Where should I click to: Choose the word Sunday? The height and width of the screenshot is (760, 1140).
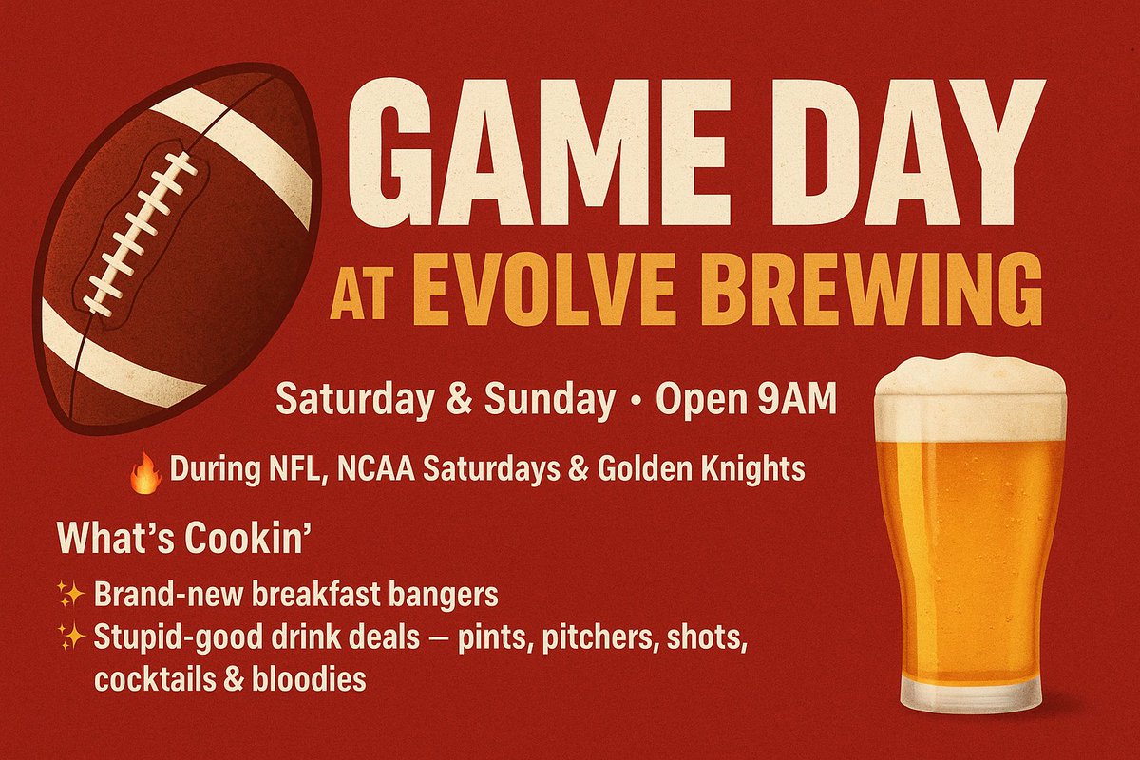click(549, 399)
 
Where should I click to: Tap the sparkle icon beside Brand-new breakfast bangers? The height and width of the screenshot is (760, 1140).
click(71, 596)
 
